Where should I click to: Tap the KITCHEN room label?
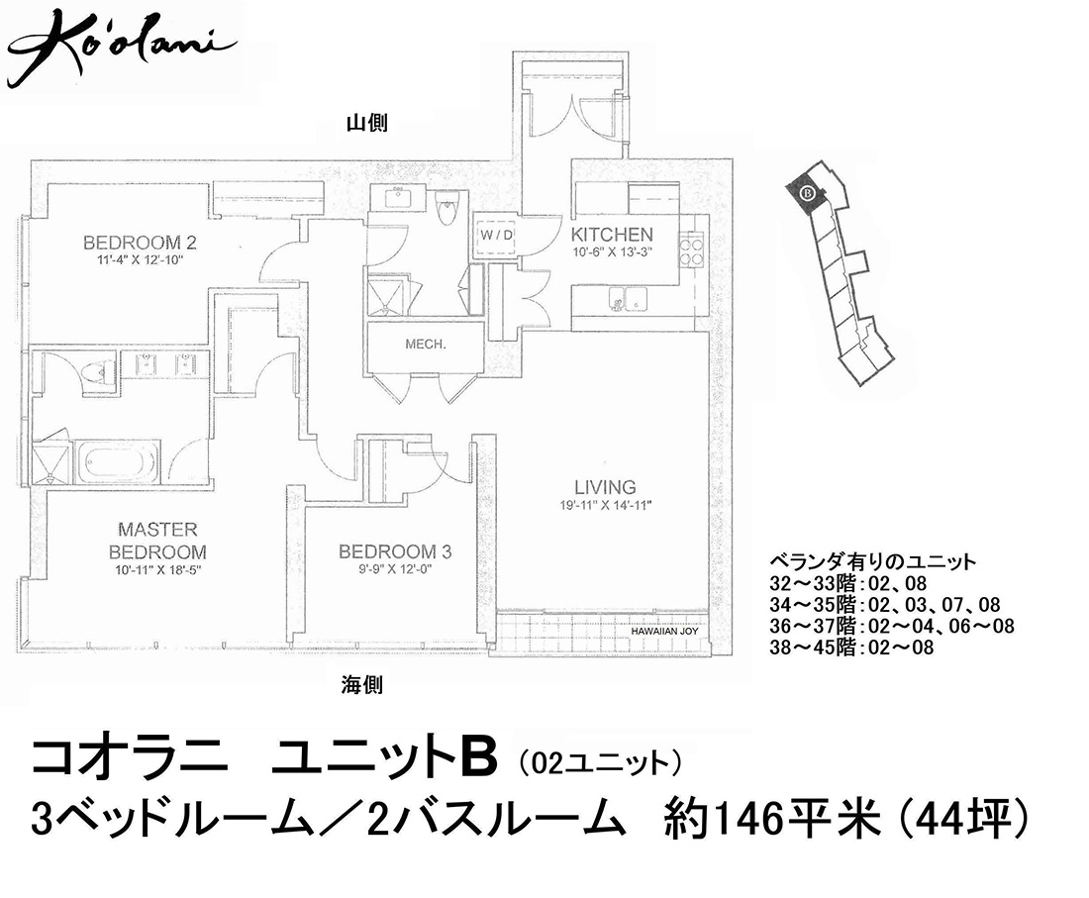pos(611,235)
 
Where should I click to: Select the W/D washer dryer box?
pos(497,235)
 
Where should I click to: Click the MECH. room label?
pos(425,345)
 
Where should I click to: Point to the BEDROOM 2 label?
pos(140,243)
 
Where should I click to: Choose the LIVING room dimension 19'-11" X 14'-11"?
pos(605,506)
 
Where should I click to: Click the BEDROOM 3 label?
pos(394,552)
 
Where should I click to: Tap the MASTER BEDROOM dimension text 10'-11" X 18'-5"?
pos(157,571)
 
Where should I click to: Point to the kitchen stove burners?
pos(690,251)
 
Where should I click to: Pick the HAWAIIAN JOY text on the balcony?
pos(664,632)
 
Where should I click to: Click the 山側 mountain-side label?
pos(366,124)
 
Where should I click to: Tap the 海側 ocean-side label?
pos(361,685)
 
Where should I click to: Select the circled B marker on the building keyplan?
pos(806,192)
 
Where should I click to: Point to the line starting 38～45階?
pos(851,648)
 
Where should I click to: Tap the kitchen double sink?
pos(628,300)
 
